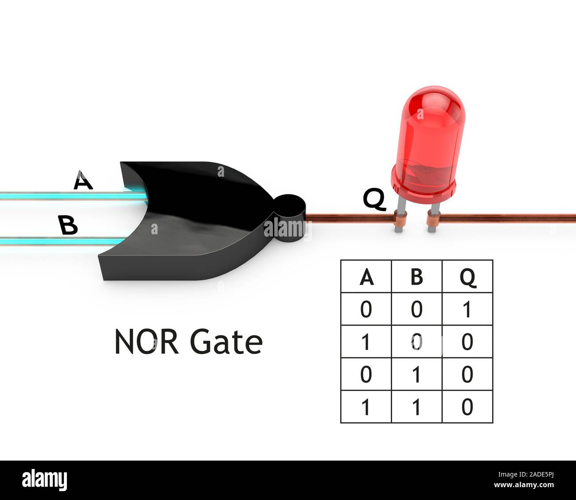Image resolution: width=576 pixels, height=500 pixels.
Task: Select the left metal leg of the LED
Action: (x=399, y=213)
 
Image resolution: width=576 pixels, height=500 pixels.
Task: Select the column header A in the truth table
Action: (x=366, y=277)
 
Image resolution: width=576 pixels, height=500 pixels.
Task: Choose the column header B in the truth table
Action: (x=416, y=277)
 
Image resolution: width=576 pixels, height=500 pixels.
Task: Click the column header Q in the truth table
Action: (x=467, y=278)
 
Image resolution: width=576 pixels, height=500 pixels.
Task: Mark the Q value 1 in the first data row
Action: (x=467, y=309)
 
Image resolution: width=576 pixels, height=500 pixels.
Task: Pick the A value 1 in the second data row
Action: (x=366, y=342)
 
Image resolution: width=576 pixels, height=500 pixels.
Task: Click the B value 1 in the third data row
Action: (x=416, y=375)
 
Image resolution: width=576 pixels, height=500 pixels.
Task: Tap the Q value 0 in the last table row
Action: (x=467, y=407)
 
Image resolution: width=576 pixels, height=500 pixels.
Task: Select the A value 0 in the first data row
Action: (x=366, y=309)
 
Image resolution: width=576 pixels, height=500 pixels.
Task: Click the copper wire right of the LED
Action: (x=505, y=216)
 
